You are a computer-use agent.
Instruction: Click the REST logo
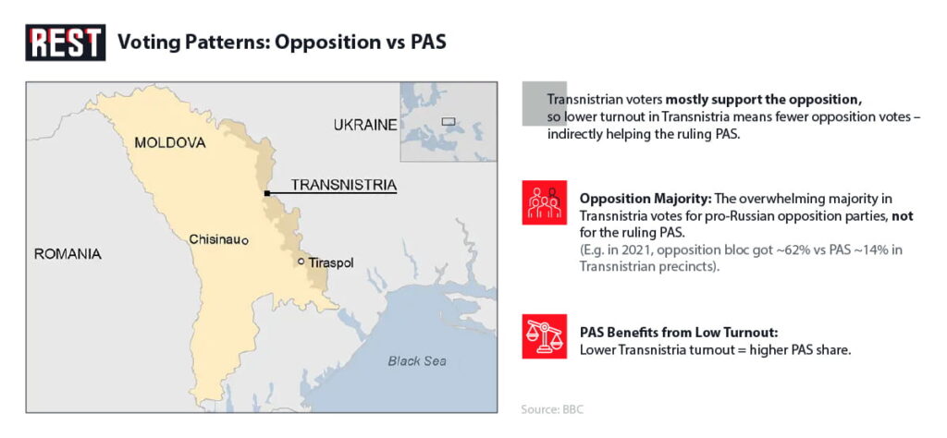tap(66, 43)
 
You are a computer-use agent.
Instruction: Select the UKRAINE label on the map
tap(365, 125)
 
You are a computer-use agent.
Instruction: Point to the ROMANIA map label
tap(68, 255)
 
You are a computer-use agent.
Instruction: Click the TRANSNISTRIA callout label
tap(344, 185)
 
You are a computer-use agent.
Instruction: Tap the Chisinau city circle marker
tap(244, 241)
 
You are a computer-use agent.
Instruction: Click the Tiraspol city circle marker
tap(301, 262)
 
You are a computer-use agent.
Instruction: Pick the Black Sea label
tap(417, 361)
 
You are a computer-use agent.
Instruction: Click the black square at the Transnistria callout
tap(266, 193)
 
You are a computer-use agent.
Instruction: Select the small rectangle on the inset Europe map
tap(449, 121)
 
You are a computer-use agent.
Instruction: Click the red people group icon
tap(544, 202)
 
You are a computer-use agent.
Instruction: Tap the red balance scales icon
tap(544, 336)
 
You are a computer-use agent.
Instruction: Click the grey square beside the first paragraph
tap(544, 103)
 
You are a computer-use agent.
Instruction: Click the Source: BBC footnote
tap(553, 409)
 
